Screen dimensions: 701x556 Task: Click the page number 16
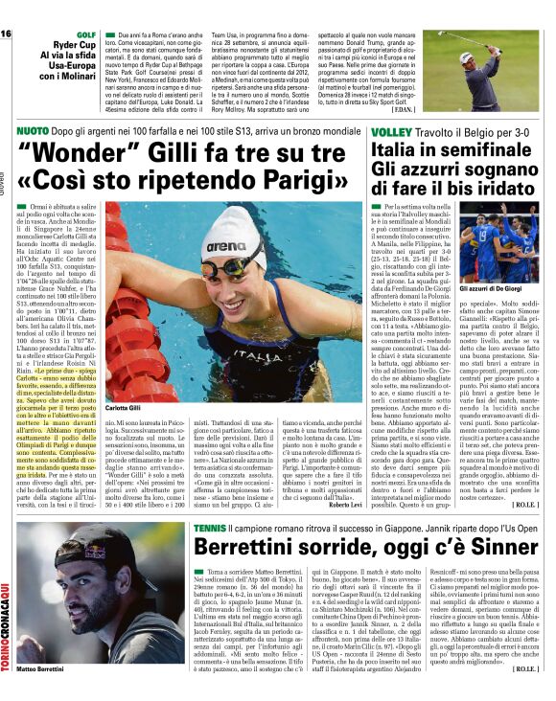coord(7,34)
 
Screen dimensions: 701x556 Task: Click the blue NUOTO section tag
coord(32,127)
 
